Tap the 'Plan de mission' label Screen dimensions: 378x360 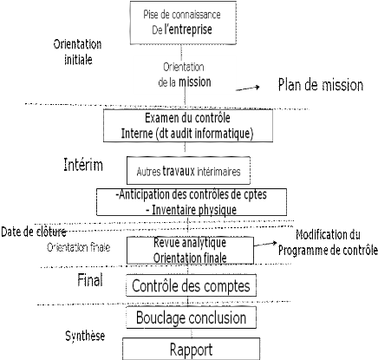[x=321, y=85]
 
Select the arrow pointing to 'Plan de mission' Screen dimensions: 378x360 [x=248, y=88]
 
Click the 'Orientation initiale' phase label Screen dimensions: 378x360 [x=77, y=52]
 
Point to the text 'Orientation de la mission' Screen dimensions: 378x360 [x=185, y=75]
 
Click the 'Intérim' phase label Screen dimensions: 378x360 [x=83, y=165]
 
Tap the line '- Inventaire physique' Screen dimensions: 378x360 [x=191, y=210]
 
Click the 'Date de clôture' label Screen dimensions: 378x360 [x=34, y=232]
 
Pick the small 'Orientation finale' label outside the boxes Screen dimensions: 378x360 [x=79, y=247]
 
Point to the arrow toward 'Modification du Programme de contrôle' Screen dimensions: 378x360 [x=265, y=245]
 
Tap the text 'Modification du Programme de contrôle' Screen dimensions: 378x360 [x=328, y=242]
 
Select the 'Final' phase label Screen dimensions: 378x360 [x=90, y=280]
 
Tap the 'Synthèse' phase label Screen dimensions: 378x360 [x=85, y=336]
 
